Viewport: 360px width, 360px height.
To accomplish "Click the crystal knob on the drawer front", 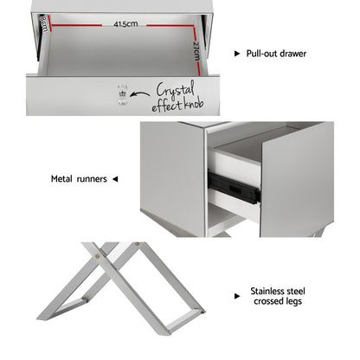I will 122,93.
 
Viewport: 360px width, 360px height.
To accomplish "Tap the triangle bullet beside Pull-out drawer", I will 237,54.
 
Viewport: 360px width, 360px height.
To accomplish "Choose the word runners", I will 93,179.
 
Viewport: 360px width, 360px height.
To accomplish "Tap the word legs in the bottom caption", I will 292,304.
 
